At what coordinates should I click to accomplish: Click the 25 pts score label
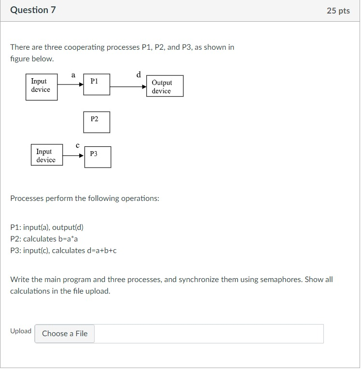[338, 11]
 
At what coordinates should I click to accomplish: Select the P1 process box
[97, 85]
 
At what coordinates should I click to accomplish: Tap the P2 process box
[97, 122]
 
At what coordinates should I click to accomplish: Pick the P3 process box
[97, 157]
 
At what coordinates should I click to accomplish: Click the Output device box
[165, 86]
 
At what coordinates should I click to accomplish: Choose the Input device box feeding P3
[46, 155]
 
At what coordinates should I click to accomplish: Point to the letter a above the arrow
[73, 74]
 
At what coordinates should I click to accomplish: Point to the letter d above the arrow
[139, 74]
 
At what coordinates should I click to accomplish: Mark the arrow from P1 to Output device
[128, 87]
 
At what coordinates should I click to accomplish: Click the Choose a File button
[65, 333]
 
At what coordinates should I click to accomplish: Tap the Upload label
[21, 331]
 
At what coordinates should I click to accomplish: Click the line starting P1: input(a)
[43, 227]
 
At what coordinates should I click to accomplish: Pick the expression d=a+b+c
[102, 250]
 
